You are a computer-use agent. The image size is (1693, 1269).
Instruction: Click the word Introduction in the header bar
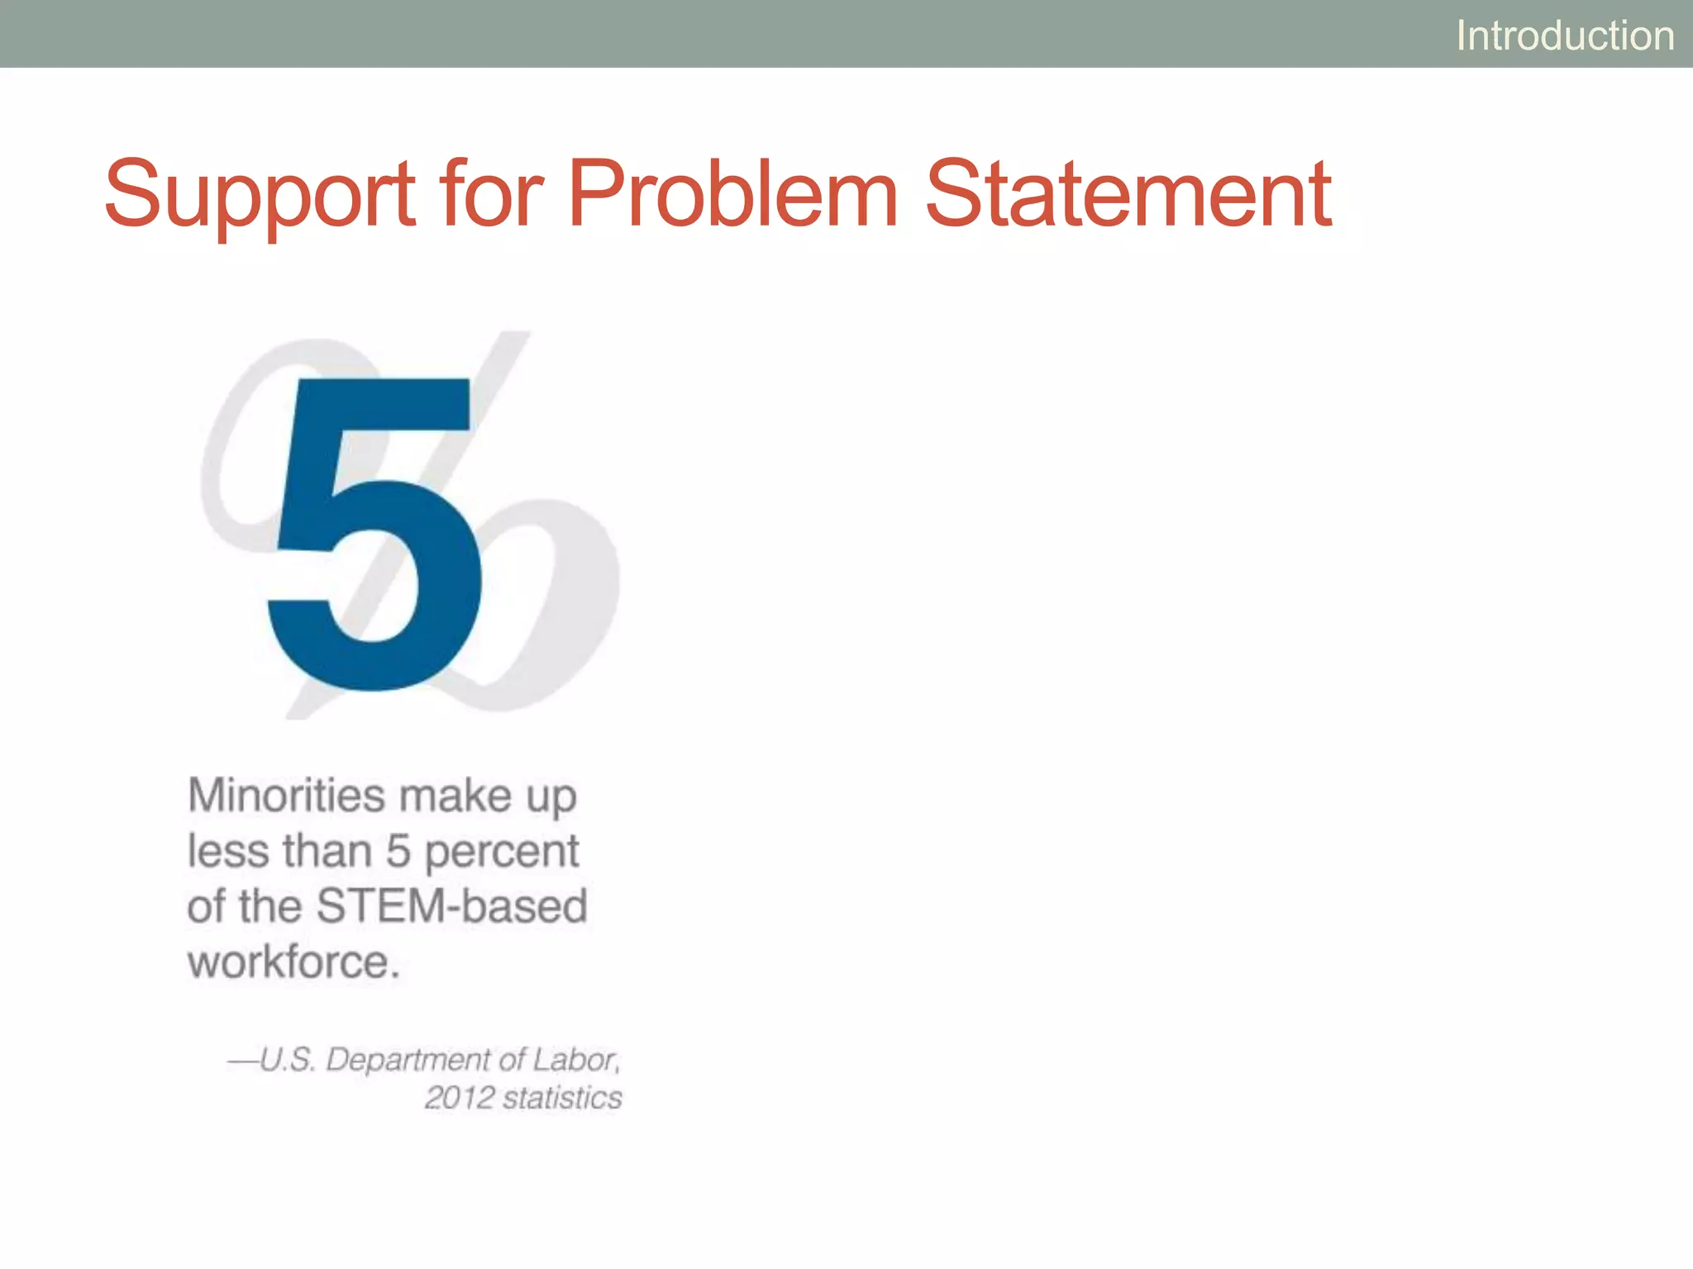[1565, 36]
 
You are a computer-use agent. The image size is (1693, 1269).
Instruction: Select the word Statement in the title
[1128, 195]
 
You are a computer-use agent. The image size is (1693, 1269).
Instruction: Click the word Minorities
[286, 796]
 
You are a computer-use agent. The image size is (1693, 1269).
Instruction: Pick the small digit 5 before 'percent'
[398, 851]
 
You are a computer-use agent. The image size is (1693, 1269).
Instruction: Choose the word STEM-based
[451, 905]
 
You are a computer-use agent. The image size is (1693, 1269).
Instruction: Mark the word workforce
[293, 962]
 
